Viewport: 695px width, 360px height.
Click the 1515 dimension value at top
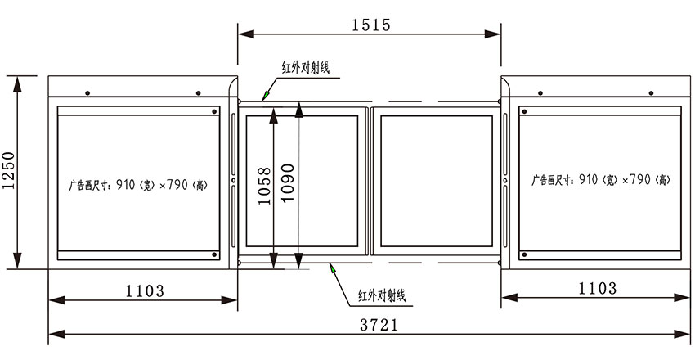[371, 25]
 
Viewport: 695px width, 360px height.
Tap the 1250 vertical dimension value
[8, 170]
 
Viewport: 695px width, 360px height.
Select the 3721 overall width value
[379, 325]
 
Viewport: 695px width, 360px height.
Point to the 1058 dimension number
[264, 186]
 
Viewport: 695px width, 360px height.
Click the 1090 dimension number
[288, 182]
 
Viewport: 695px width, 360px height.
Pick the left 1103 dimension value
[145, 290]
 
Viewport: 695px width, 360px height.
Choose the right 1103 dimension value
[597, 289]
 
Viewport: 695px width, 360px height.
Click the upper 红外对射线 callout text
[306, 67]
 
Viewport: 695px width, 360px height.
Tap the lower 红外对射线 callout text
[382, 295]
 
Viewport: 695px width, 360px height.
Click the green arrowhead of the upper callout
[266, 96]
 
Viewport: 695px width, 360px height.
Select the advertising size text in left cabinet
[138, 185]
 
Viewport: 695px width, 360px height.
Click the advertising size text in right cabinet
[601, 180]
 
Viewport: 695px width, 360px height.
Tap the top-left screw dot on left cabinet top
[87, 93]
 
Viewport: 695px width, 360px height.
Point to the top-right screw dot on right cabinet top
[651, 93]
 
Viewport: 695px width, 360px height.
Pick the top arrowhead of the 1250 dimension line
[17, 84]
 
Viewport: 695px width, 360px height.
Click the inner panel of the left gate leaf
[302, 182]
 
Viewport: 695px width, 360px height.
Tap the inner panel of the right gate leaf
[437, 182]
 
